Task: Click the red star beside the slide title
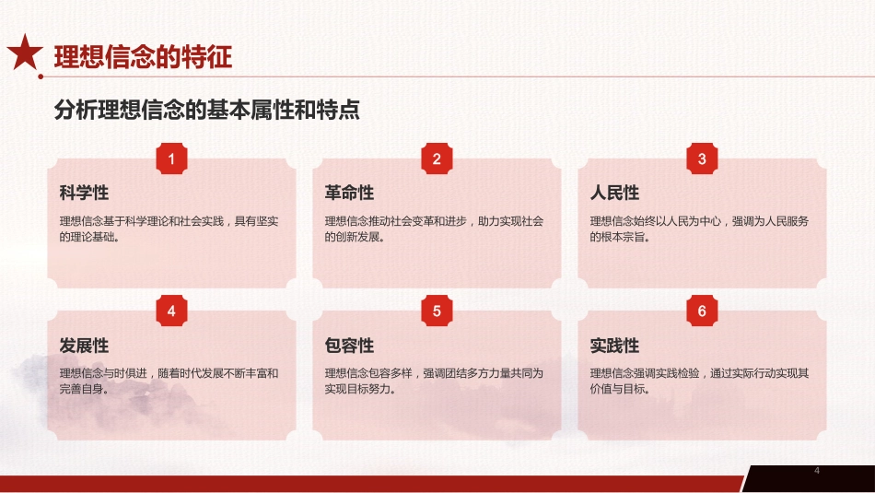click(25, 54)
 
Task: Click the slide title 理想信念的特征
click(143, 57)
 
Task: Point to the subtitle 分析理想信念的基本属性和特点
click(206, 111)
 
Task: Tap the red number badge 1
click(171, 159)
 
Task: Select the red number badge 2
click(437, 159)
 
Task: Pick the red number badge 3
click(702, 159)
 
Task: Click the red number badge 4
click(171, 311)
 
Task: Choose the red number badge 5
click(437, 311)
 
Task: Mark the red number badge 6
click(702, 311)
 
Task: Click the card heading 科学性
click(84, 194)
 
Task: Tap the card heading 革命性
click(349, 194)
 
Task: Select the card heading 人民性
click(614, 194)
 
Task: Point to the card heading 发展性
click(84, 346)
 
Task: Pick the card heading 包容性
click(349, 346)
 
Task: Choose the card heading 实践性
click(614, 346)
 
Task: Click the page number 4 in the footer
click(816, 472)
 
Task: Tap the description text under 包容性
click(434, 381)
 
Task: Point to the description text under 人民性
click(699, 229)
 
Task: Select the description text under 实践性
click(699, 381)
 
